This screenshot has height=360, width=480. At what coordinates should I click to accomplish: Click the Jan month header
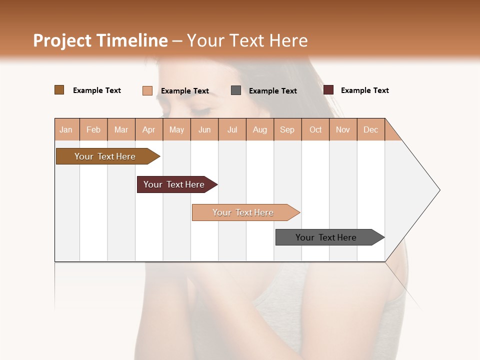pyautogui.click(x=66, y=129)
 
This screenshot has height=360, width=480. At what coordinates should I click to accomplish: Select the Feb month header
pyautogui.click(x=93, y=129)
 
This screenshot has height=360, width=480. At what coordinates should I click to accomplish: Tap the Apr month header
pyautogui.click(x=148, y=129)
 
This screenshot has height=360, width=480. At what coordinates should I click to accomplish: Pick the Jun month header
pyautogui.click(x=204, y=129)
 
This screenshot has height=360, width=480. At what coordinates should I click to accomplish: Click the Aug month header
pyautogui.click(x=259, y=129)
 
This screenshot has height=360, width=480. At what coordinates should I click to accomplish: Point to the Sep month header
pyautogui.click(x=287, y=129)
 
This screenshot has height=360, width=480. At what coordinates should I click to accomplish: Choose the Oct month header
pyautogui.click(x=315, y=129)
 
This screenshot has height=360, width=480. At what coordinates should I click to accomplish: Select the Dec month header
pyautogui.click(x=370, y=129)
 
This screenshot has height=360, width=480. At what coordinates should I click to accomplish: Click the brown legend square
pyautogui.click(x=59, y=90)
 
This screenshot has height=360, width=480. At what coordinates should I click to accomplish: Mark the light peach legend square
pyautogui.click(x=147, y=90)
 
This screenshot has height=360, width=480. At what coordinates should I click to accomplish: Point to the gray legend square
pyautogui.click(x=236, y=90)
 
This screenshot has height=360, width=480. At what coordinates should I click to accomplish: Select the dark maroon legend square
pyautogui.click(x=328, y=90)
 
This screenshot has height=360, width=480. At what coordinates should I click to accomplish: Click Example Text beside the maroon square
pyautogui.click(x=364, y=90)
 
